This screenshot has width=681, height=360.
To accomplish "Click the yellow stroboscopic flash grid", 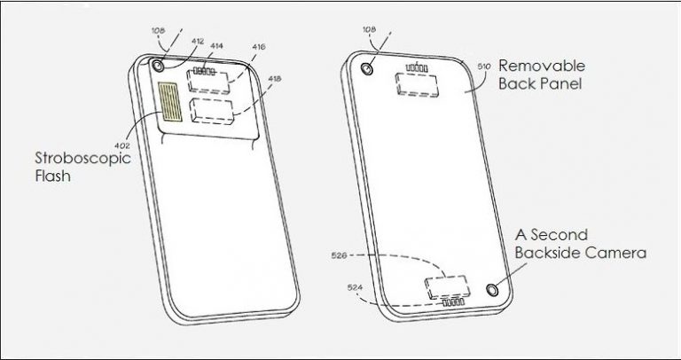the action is pyautogui.click(x=170, y=101).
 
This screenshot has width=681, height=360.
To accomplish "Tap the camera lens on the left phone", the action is pyautogui.click(x=157, y=66).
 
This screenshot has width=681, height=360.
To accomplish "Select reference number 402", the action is pyautogui.click(x=122, y=146).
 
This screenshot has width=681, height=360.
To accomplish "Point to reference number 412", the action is pyautogui.click(x=197, y=42).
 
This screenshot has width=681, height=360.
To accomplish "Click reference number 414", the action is pyautogui.click(x=216, y=45).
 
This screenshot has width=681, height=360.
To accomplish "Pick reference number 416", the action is pyautogui.click(x=258, y=47).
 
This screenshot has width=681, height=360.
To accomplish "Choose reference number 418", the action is pyautogui.click(x=274, y=79).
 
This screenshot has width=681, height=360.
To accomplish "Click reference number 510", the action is pyautogui.click(x=484, y=67).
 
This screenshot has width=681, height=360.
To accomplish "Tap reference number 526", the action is pyautogui.click(x=339, y=255).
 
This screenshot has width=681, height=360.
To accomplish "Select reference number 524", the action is pyautogui.click(x=355, y=287).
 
